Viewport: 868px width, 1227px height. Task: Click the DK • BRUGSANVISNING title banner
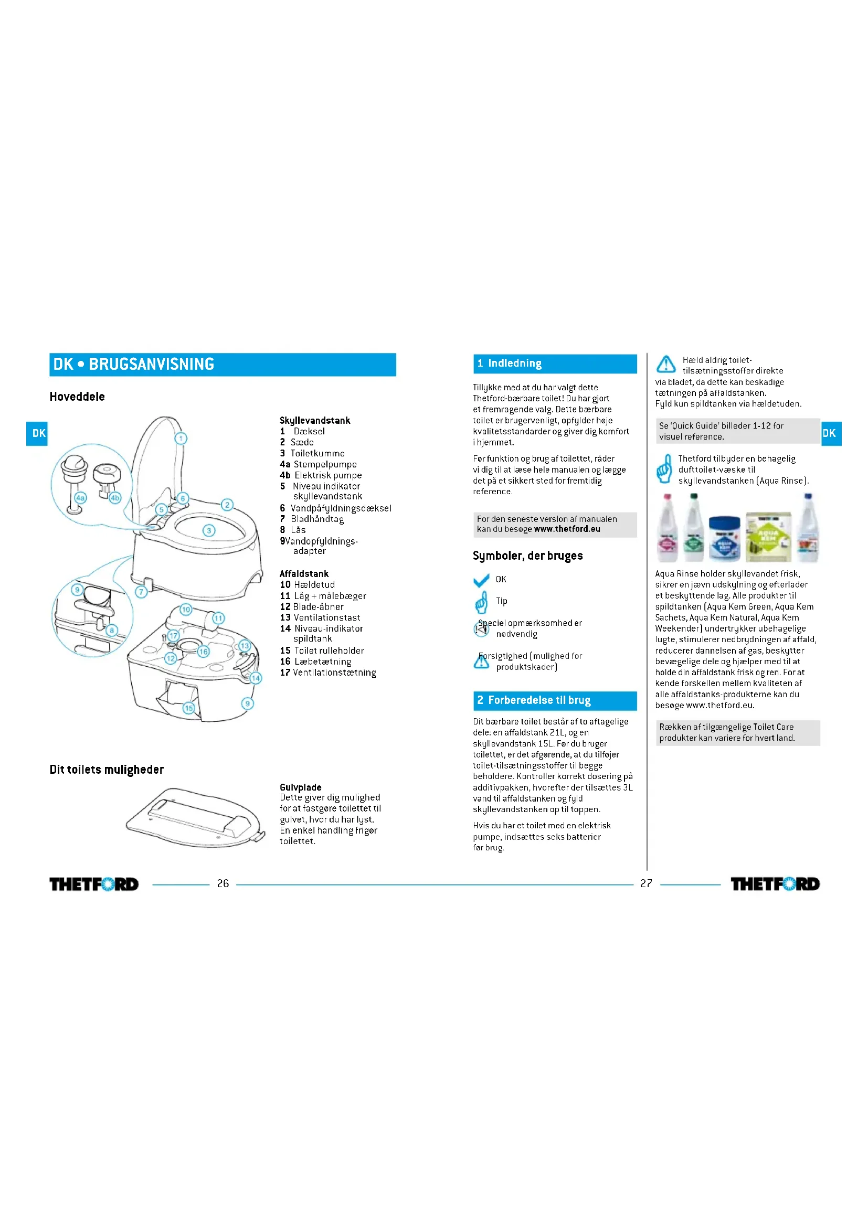223,365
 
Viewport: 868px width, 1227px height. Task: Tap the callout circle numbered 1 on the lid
181,439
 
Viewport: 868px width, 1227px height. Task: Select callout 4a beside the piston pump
80,497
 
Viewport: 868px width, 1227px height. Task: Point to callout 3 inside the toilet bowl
209,531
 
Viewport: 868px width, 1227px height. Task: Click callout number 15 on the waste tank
189,708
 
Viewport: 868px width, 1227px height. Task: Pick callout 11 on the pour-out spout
219,618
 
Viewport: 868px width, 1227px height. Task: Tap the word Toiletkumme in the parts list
317,453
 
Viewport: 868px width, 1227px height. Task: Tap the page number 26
223,883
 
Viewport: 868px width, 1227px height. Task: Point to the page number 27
646,883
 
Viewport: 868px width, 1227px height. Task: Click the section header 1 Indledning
555,364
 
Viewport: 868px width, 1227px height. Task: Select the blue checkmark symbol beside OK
481,580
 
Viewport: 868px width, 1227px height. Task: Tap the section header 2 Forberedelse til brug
555,700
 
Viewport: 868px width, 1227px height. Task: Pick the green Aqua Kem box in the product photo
769,536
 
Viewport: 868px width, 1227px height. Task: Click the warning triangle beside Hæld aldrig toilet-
665,364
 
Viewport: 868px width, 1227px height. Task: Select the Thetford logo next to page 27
775,884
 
